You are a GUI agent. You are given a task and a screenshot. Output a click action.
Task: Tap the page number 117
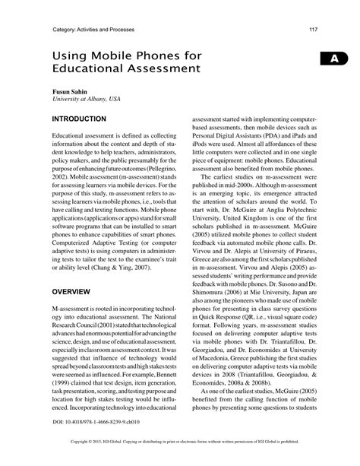tap(312, 30)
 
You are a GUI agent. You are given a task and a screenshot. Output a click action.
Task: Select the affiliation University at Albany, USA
tap(85, 100)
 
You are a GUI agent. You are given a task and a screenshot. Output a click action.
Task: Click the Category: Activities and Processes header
tap(95, 30)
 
